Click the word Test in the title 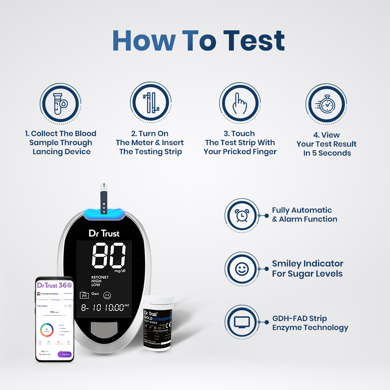tap(254, 40)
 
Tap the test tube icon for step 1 tap(60, 103)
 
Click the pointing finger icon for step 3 tap(239, 103)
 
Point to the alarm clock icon tap(242, 216)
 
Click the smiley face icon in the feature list tap(242, 269)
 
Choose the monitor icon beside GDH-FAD tap(242, 322)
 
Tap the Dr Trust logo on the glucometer tap(104, 233)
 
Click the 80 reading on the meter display tap(109, 256)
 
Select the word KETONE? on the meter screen tap(101, 277)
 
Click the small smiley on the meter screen tap(107, 295)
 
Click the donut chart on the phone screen tap(47, 330)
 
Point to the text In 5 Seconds tap(327, 153)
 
